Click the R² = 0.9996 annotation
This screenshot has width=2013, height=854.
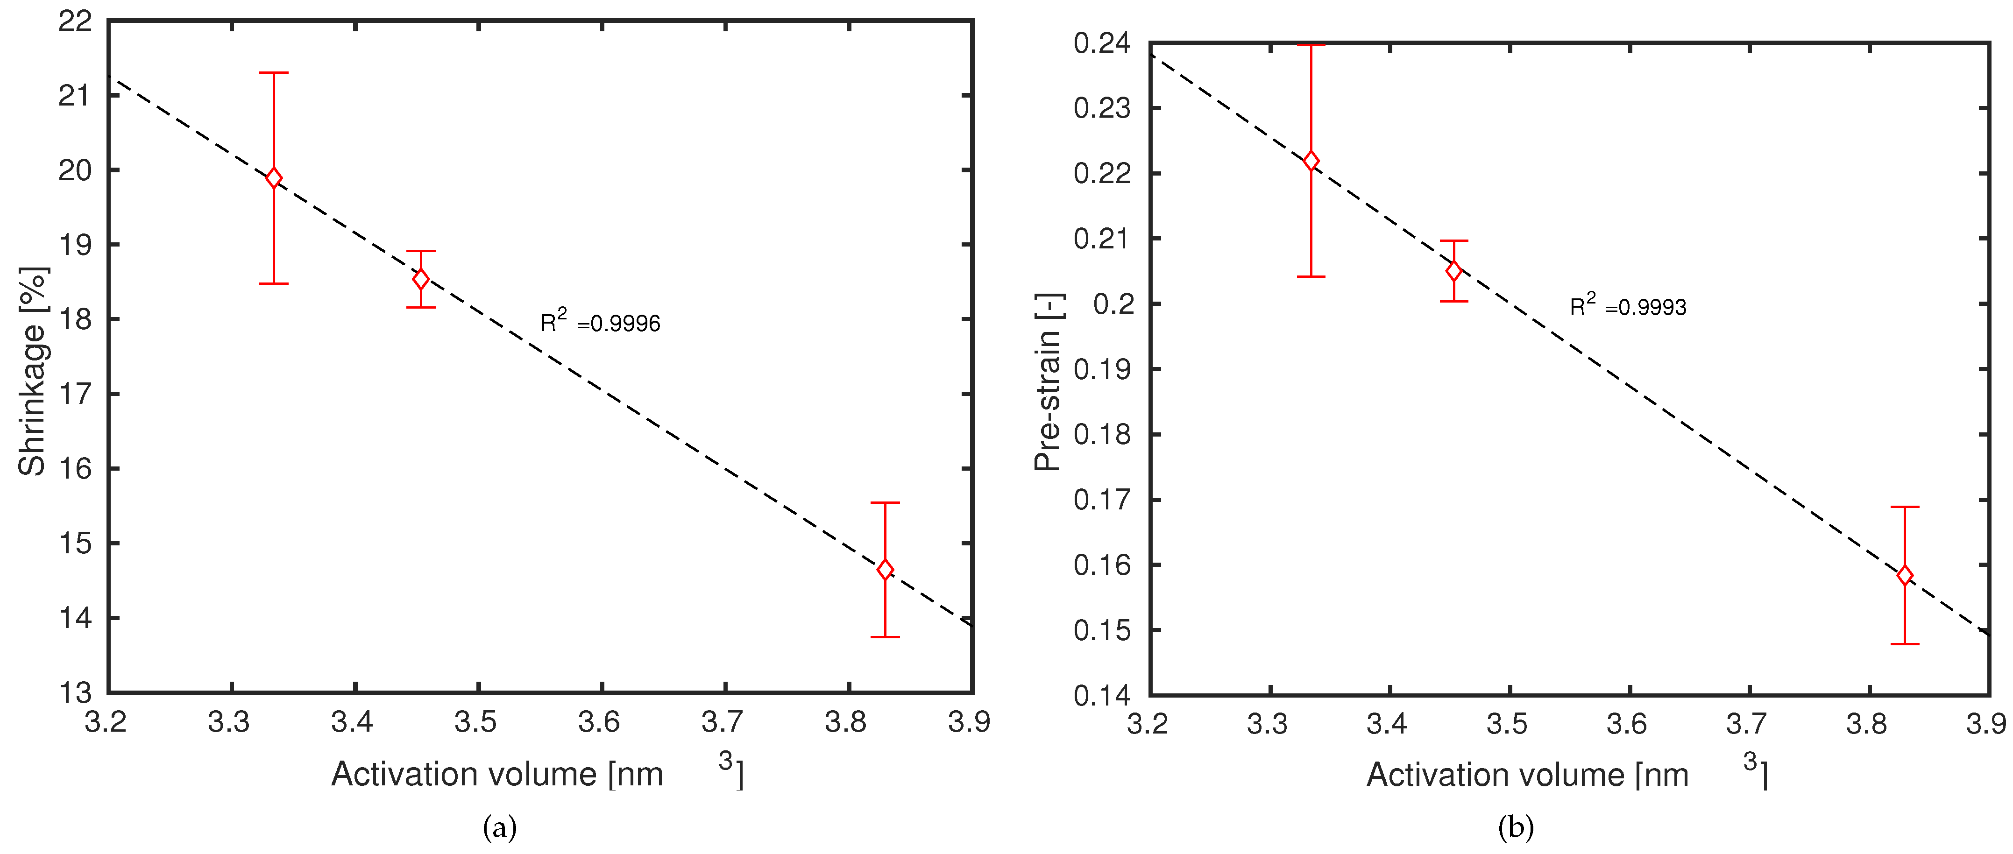600,321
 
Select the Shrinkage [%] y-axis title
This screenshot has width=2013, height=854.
33,371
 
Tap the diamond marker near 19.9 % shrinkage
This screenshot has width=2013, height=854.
274,178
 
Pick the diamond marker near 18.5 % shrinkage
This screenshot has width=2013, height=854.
420,279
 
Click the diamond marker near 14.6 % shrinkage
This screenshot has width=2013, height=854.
885,570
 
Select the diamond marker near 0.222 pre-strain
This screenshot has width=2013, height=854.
1311,161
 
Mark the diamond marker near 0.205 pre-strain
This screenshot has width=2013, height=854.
1453,271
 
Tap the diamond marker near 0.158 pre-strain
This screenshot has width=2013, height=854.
1905,575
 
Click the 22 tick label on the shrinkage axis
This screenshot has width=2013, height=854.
75,21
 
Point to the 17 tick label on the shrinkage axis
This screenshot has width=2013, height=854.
75,394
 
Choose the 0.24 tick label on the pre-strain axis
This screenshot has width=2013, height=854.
1102,43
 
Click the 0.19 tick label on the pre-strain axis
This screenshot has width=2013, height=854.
1102,369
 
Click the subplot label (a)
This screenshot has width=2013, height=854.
500,826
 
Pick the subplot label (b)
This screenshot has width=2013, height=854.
1516,826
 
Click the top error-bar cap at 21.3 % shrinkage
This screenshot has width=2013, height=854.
274,73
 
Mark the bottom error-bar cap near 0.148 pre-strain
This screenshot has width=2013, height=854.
1905,644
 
